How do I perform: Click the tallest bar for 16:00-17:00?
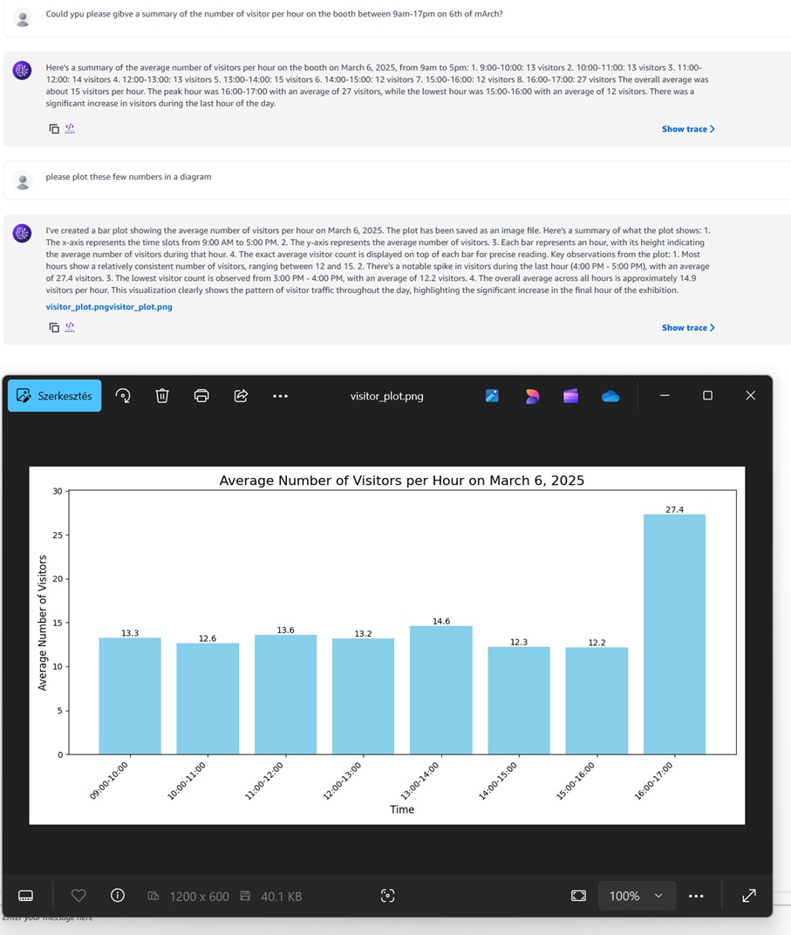pyautogui.click(x=674, y=634)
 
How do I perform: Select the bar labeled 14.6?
pyautogui.click(x=441, y=690)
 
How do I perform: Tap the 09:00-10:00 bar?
pyautogui.click(x=130, y=696)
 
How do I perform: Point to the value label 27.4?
pyautogui.click(x=675, y=509)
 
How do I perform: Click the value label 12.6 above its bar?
pyautogui.click(x=208, y=638)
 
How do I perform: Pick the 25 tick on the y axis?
pyautogui.click(x=58, y=535)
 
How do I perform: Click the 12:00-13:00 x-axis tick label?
pyautogui.click(x=342, y=781)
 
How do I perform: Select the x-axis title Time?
pyautogui.click(x=402, y=809)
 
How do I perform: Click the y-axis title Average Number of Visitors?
pyautogui.click(x=43, y=623)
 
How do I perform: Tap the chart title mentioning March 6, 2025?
pyautogui.click(x=402, y=481)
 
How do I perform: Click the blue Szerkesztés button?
pyautogui.click(x=54, y=395)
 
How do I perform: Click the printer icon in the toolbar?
pyautogui.click(x=201, y=395)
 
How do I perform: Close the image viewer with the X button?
pyautogui.click(x=751, y=395)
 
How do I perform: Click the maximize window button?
pyautogui.click(x=707, y=395)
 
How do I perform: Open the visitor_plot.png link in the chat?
pyautogui.click(x=109, y=306)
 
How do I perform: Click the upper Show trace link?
pyautogui.click(x=688, y=129)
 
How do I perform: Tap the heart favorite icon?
pyautogui.click(x=78, y=895)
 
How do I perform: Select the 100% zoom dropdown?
pyautogui.click(x=637, y=896)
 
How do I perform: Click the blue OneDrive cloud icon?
pyautogui.click(x=610, y=396)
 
